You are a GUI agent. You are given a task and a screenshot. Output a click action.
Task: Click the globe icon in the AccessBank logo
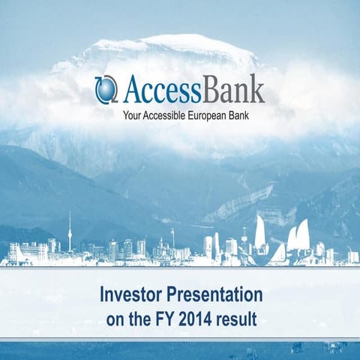(x=106, y=90)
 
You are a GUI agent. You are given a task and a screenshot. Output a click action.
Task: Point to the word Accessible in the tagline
(x=172, y=115)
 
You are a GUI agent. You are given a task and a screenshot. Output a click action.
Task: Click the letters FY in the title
(x=160, y=319)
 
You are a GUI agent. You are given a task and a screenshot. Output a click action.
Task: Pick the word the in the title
(x=136, y=319)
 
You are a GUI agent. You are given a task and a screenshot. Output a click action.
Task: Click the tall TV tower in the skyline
(x=70, y=232)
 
